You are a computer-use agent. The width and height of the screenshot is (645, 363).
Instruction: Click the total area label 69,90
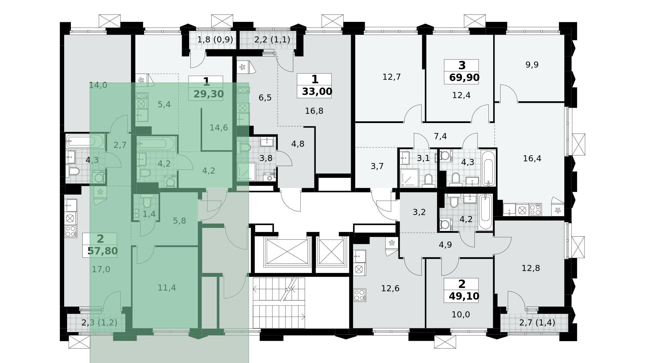point(464,78)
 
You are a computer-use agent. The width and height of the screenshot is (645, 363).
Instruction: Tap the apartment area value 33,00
point(317,91)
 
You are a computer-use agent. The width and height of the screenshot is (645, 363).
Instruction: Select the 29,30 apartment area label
point(208,94)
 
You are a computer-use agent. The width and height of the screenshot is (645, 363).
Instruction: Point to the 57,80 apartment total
point(102,251)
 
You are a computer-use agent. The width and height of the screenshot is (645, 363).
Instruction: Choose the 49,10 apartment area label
point(464,296)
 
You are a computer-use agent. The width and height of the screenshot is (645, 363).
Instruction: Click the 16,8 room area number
point(314,111)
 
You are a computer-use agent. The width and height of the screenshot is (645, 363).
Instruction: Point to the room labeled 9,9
point(532,65)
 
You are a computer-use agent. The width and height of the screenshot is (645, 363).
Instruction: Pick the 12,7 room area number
point(391,77)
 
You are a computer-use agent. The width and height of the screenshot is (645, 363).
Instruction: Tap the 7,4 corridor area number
point(440,136)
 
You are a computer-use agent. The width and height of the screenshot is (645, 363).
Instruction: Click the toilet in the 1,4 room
point(147,202)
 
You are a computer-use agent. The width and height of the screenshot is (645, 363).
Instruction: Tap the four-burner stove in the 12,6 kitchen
point(359,295)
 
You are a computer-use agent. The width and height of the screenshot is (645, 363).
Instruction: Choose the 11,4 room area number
point(167,288)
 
